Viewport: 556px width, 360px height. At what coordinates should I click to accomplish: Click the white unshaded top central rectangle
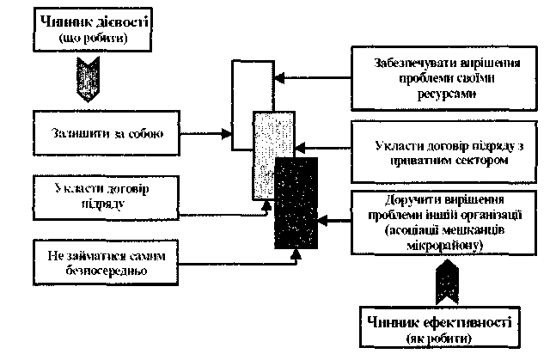(249, 86)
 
